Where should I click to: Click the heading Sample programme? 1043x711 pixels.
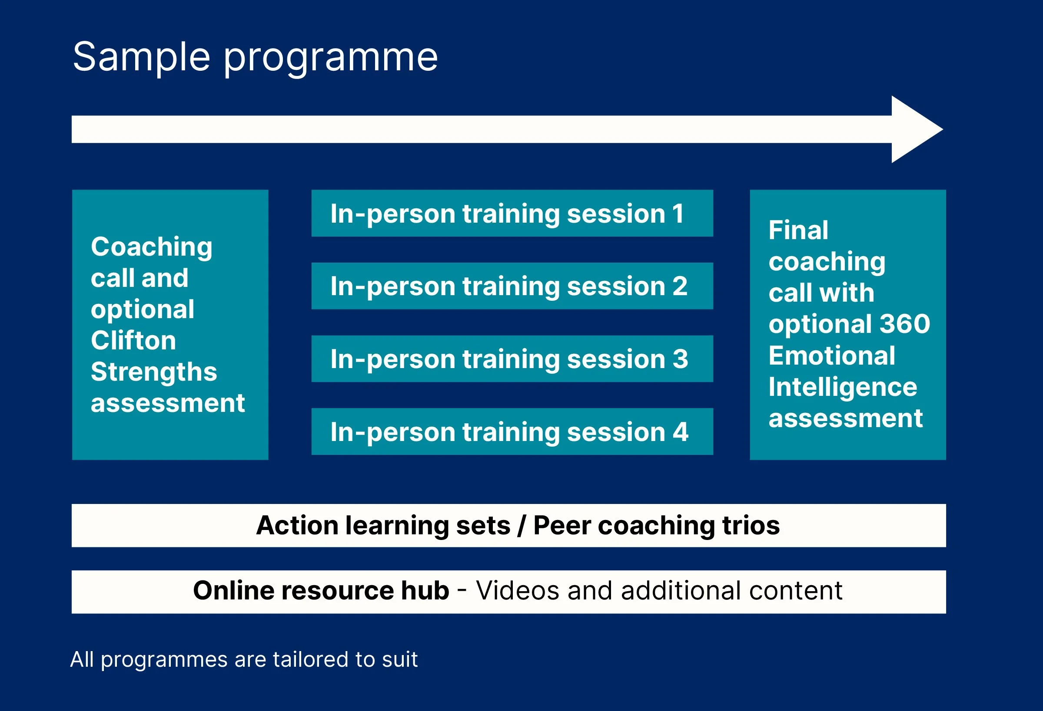coord(255,57)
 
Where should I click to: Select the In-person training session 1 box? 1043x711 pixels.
coord(512,214)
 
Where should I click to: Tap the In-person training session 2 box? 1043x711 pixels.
coord(512,286)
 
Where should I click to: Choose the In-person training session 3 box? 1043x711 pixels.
coord(512,359)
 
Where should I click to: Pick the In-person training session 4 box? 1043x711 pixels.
coord(512,431)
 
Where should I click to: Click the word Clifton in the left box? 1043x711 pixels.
coord(133,340)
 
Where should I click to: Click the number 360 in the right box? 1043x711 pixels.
coord(905,324)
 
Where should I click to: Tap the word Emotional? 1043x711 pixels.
coord(832,355)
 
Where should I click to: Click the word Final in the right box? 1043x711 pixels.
coord(798,230)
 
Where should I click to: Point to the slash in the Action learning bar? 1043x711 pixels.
coord(521,525)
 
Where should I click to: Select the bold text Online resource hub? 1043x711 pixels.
coord(321,590)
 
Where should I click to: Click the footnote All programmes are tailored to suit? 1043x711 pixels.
coord(244,659)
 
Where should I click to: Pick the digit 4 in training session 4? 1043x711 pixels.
coord(681,432)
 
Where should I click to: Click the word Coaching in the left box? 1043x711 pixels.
coord(152,248)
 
